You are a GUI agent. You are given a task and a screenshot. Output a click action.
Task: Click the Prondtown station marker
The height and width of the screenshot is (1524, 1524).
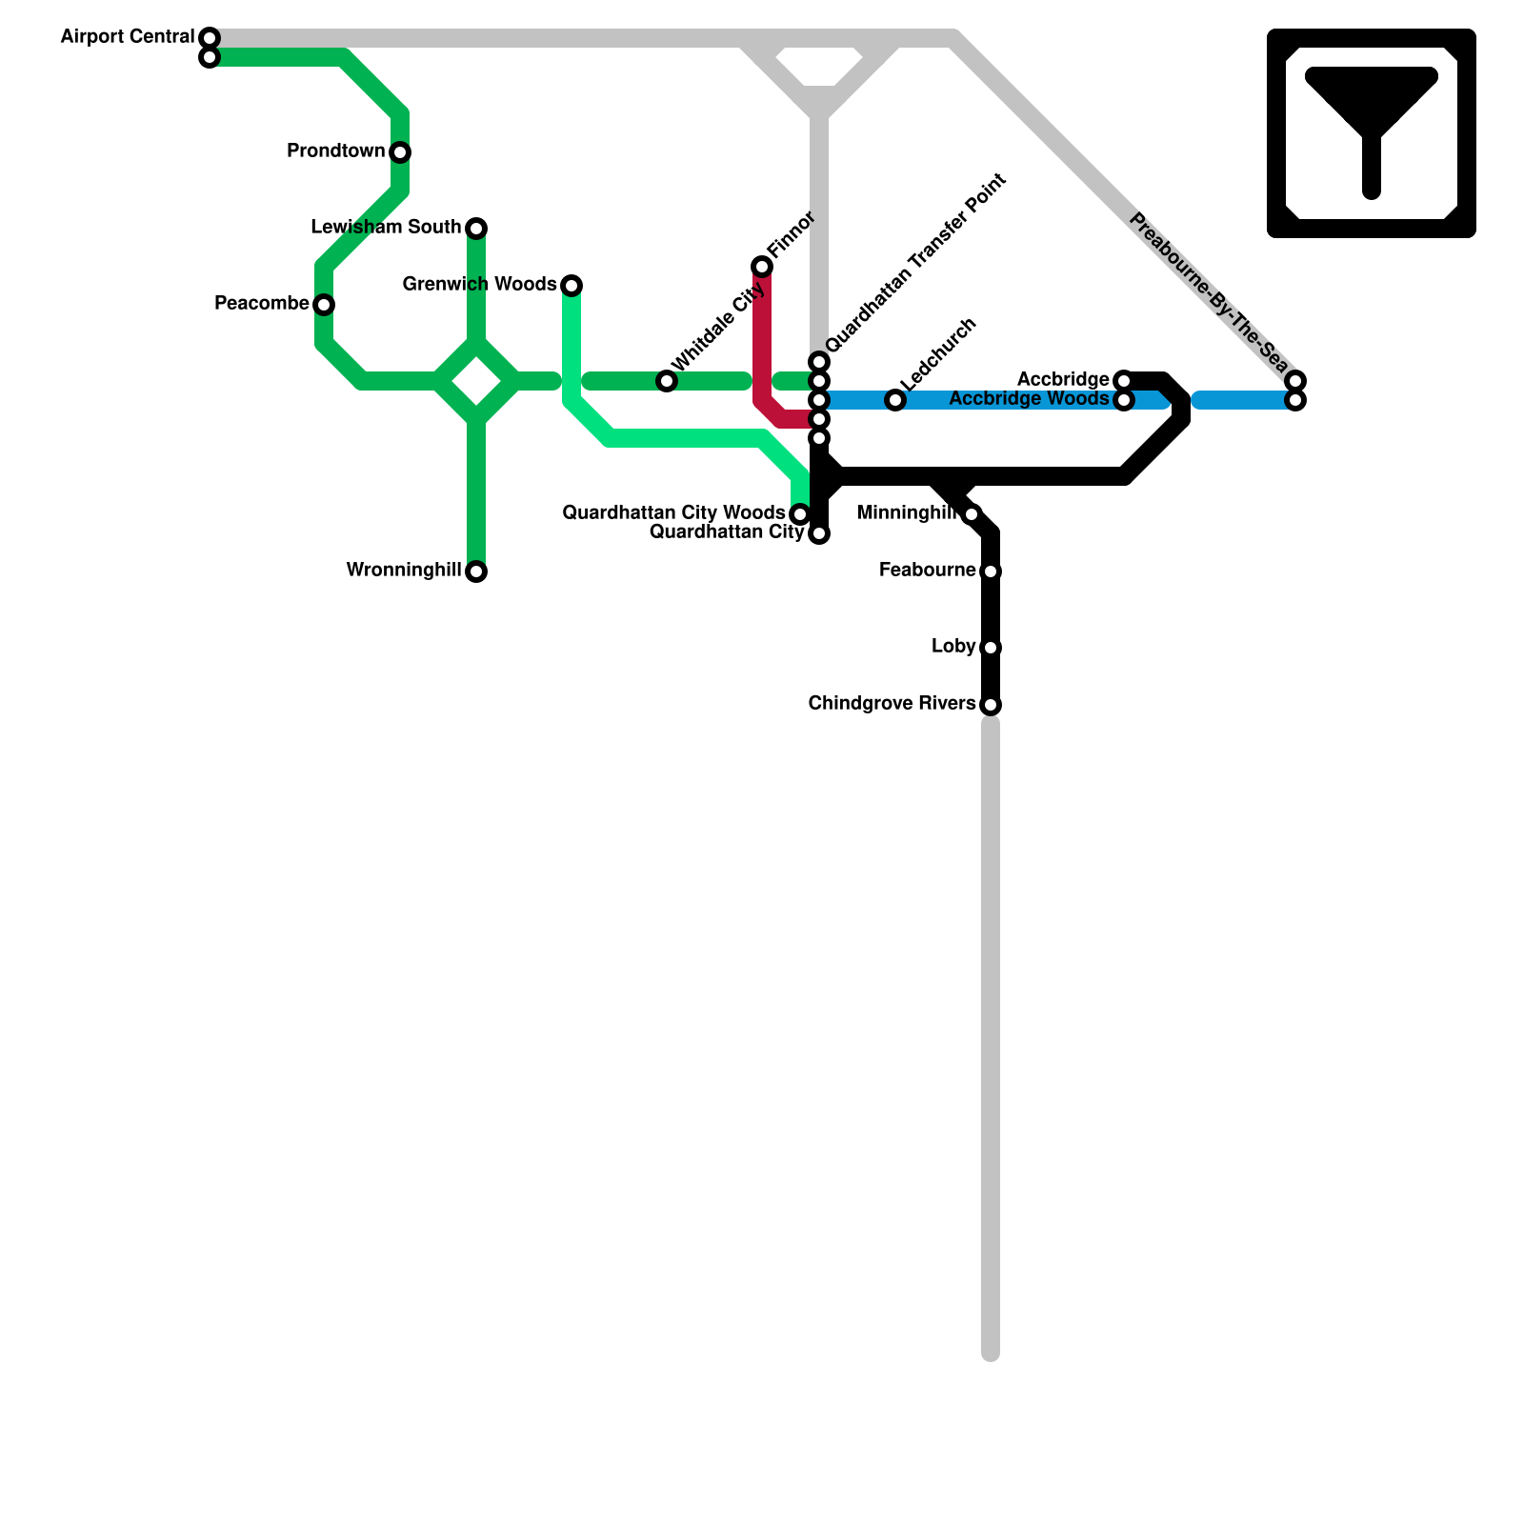[400, 152]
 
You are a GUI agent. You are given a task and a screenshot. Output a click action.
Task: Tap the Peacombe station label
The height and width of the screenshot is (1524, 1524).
[261, 304]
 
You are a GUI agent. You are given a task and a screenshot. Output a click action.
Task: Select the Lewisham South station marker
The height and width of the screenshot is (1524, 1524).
[476, 229]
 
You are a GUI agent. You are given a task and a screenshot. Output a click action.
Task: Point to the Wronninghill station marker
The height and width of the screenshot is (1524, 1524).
[476, 571]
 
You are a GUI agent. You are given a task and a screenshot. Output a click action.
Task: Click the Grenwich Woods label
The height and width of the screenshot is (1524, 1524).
[479, 285]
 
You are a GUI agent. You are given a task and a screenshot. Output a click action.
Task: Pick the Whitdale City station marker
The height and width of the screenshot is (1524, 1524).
[667, 381]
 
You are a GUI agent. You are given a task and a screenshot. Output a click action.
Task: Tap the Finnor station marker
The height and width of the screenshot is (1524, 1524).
[762, 267]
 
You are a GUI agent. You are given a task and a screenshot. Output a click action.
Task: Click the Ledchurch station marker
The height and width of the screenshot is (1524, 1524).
[895, 400]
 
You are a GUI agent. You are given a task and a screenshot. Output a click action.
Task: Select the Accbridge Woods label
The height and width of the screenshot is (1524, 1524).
[1029, 399]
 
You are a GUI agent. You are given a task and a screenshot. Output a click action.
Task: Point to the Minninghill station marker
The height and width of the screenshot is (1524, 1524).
[972, 514]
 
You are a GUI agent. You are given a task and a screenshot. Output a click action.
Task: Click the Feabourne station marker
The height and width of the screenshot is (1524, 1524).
[991, 571]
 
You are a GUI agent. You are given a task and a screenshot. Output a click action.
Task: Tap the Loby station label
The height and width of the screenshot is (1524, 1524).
[953, 647]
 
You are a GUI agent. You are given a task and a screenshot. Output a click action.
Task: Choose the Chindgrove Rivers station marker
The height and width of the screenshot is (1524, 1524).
[991, 705]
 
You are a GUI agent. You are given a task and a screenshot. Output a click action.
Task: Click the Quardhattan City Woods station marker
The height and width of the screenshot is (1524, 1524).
[800, 514]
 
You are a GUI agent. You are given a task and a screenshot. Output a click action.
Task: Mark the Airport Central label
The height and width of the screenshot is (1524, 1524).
[127, 37]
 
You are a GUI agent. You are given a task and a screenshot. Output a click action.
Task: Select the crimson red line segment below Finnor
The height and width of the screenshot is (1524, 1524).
[762, 343]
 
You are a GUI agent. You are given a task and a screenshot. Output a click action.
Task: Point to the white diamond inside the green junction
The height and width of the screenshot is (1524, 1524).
[477, 382]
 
